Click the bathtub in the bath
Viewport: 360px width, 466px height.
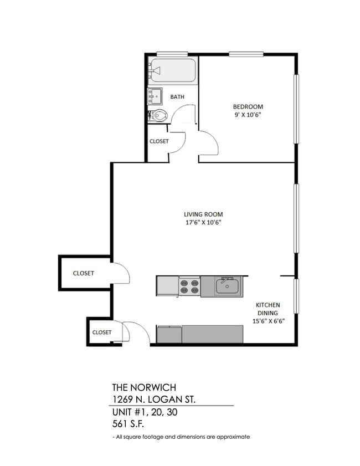coord(172,70)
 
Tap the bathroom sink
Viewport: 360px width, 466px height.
coord(155,96)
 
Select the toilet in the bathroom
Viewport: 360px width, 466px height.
coord(159,116)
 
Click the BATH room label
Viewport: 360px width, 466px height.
coord(177,96)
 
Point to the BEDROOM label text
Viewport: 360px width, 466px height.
coord(248,106)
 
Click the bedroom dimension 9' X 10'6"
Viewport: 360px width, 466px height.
coord(248,115)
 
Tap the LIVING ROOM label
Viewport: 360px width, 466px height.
coord(203,214)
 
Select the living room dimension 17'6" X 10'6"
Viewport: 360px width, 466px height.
coord(203,223)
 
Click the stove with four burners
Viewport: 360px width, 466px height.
coord(189,286)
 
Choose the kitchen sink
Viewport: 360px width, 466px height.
coord(227,286)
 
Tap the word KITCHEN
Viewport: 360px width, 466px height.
coord(268,305)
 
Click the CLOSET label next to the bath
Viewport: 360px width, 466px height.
coord(159,141)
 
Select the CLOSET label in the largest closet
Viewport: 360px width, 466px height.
coord(83,273)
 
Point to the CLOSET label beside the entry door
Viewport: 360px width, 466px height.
coord(102,332)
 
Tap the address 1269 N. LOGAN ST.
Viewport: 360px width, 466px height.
coord(153,400)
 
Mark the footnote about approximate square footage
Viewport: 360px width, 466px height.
coord(181,437)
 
